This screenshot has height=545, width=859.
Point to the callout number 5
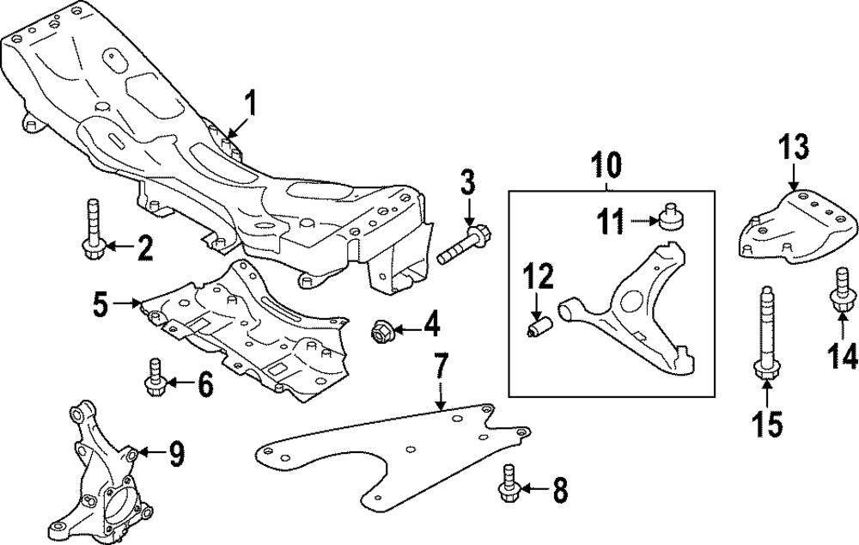(x=101, y=303)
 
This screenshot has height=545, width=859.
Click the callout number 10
(x=606, y=165)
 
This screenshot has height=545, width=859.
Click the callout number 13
(x=794, y=148)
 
